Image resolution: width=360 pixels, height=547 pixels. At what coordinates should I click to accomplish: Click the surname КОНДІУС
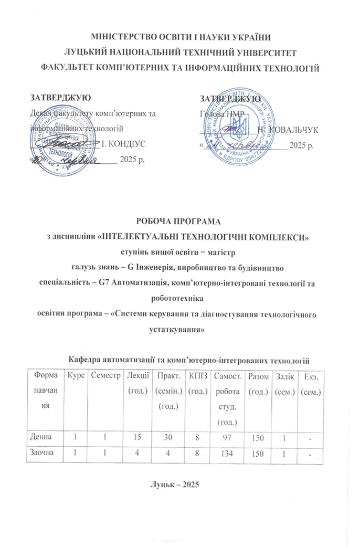click(x=128, y=143)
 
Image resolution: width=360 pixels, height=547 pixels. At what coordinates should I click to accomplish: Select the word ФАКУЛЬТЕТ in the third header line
click(x=71, y=67)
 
